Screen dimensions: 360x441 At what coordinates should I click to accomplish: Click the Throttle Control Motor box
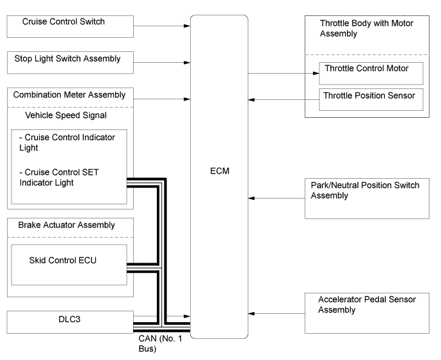click(x=371, y=73)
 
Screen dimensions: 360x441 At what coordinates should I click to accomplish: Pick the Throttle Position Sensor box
click(x=371, y=99)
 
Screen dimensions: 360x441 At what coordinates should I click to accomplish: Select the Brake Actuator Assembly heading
click(x=63, y=225)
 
